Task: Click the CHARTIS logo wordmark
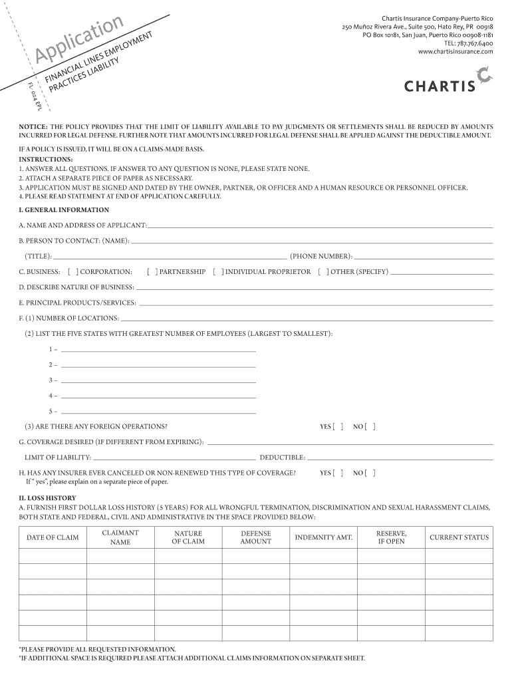[440, 85]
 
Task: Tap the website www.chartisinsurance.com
[455, 51]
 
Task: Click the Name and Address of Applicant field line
[320, 227]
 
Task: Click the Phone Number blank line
[424, 257]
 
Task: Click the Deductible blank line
[400, 459]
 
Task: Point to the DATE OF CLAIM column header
[53, 537]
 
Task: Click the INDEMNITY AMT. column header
[324, 537]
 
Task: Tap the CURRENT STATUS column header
[459, 537]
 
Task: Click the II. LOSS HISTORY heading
[47, 498]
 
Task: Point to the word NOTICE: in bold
[33, 126]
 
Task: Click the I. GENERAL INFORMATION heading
[64, 209]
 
